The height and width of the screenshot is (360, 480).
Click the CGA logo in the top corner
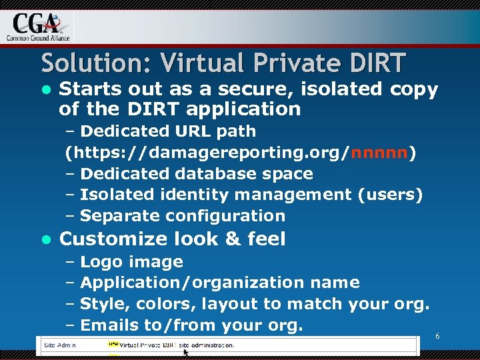coord(37,27)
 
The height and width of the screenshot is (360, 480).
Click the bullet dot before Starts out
coord(46,90)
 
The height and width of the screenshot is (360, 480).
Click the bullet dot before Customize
coord(46,239)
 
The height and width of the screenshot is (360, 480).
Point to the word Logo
coord(102,262)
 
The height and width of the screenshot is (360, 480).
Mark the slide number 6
coord(437,337)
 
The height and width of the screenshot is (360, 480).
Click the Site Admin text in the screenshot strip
coord(60,345)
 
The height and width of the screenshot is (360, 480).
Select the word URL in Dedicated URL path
coord(180,131)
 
